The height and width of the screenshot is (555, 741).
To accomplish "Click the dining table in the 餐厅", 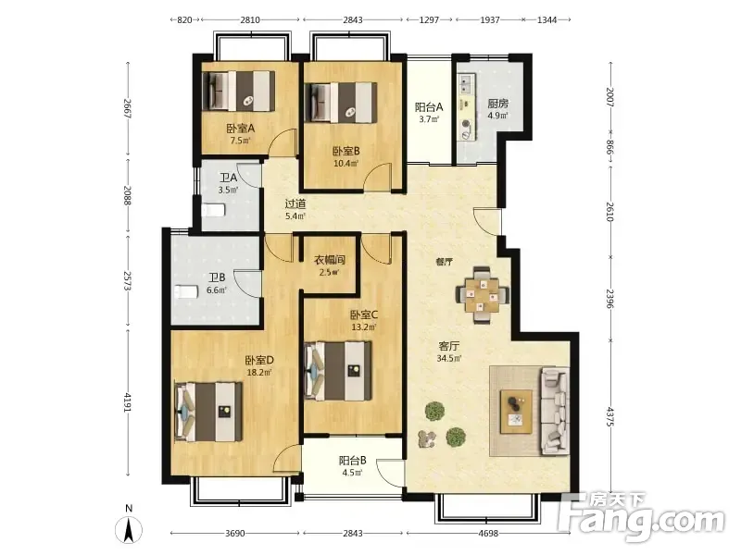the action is pos(482,296).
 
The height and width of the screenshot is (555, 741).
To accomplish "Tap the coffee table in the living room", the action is pos(516,411).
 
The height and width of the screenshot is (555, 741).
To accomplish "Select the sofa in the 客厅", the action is pos(554,411).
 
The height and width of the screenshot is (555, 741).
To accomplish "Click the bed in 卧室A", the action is pos(238,92).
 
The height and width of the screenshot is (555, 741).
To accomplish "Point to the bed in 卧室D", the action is pos(208,412).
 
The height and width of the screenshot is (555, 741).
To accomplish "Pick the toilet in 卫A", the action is pos(213,210).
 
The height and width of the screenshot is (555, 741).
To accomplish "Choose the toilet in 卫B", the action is pos(185,291).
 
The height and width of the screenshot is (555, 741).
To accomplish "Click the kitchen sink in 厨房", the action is pos(466,85).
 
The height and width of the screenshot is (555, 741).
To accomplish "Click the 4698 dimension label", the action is pos(488,534).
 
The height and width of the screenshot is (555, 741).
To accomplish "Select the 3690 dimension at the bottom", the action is pos(235,534).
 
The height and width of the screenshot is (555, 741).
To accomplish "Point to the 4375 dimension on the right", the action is pos(609,417).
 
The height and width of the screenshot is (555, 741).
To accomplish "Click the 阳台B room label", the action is pos(353,460).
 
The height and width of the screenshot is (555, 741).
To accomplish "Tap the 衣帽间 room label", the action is pos(330,260).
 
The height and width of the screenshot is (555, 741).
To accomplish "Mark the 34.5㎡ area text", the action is pos(449,358).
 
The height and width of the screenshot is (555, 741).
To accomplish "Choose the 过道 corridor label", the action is pos(295,203).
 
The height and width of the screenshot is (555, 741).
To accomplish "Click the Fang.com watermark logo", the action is pos(641,518).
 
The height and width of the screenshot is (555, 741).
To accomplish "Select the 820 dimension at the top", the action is pos(184,19).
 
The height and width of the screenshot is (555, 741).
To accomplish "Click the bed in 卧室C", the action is pos(338,371).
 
